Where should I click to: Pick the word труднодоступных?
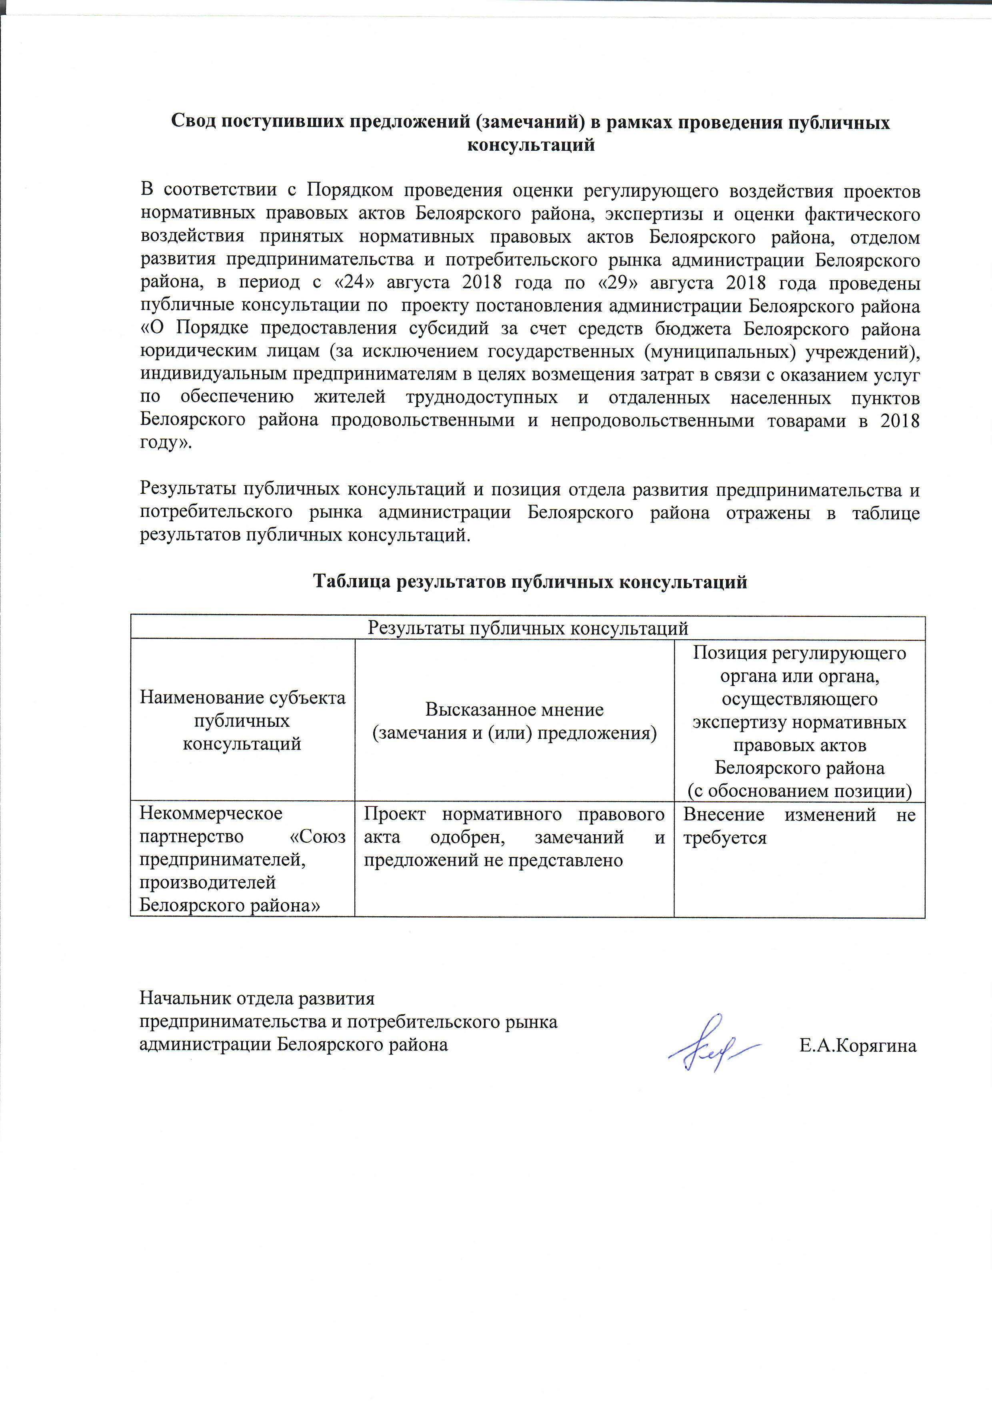(481, 397)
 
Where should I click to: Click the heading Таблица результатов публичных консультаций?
(530, 581)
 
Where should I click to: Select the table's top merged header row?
(528, 628)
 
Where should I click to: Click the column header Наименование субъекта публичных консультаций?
(242, 720)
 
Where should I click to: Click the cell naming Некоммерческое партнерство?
(242, 859)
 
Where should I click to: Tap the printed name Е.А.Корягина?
(858, 1045)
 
